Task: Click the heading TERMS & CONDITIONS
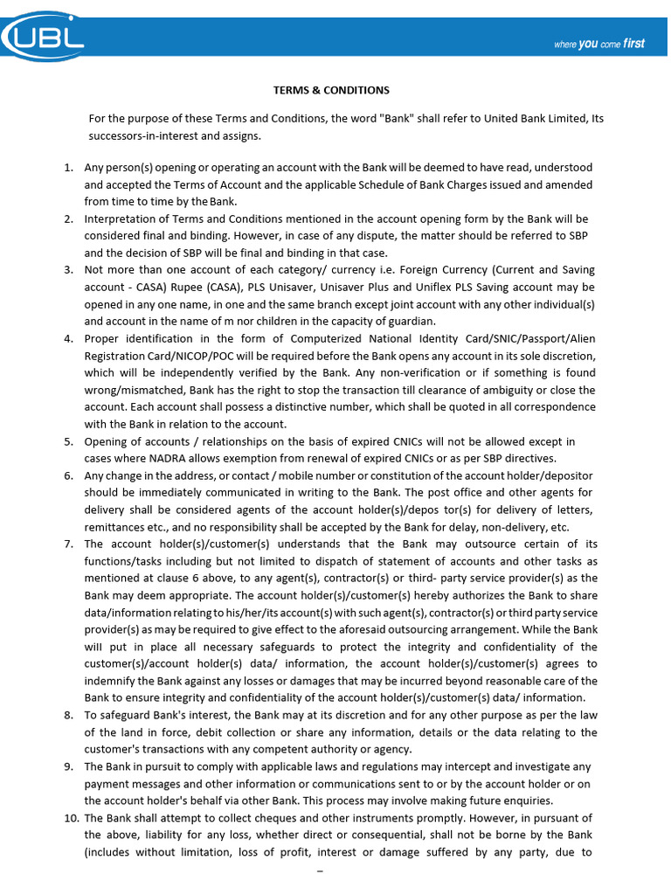coord(331,90)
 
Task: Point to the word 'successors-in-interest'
coord(144,136)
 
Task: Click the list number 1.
coord(67,167)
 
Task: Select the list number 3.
coord(67,270)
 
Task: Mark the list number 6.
coord(67,475)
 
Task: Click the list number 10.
coord(70,818)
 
